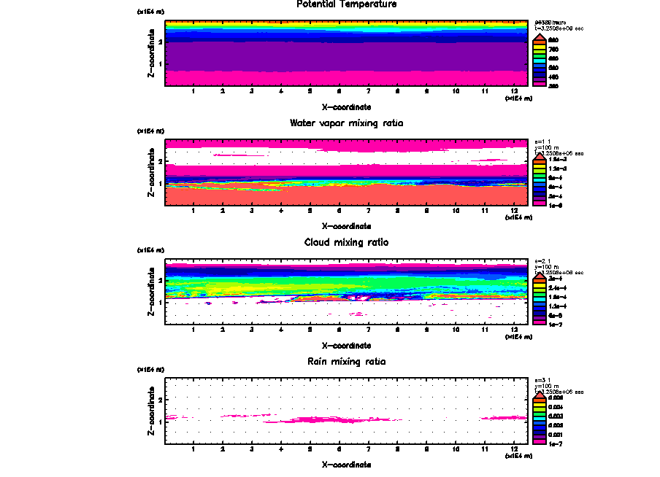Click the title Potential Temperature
pyautogui.click(x=347, y=4)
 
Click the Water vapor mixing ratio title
pyautogui.click(x=347, y=123)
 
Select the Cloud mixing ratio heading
pyautogui.click(x=347, y=242)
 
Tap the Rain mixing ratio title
pyautogui.click(x=347, y=362)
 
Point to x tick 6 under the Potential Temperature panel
pyautogui.click(x=339, y=91)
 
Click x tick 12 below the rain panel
pyautogui.click(x=515, y=449)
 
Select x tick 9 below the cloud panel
pyautogui.click(x=427, y=330)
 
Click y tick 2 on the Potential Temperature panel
pyautogui.click(x=160, y=42)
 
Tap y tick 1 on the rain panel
pyautogui.click(x=160, y=422)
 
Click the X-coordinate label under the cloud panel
pyautogui.click(x=347, y=345)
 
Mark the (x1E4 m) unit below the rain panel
pyautogui.click(x=518, y=456)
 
